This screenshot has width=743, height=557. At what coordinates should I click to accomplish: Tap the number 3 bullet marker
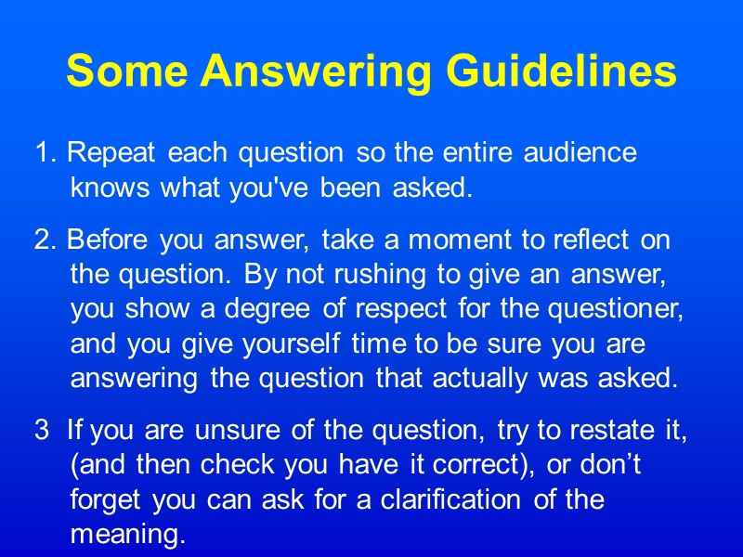[42, 431]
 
